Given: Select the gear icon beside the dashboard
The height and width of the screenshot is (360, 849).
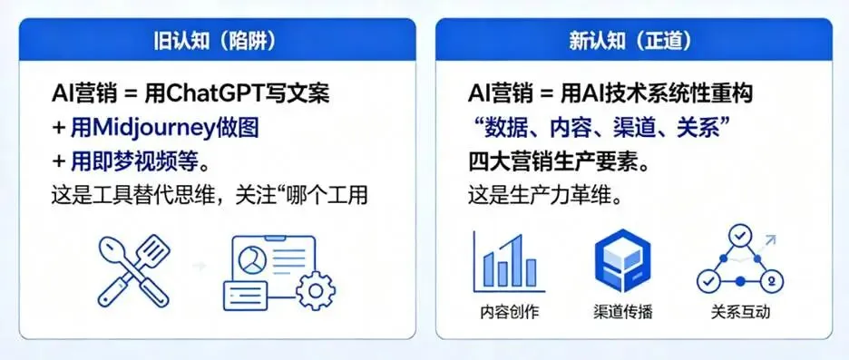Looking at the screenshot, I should tap(315, 291).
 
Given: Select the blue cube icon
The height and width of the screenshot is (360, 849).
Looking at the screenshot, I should tap(621, 261).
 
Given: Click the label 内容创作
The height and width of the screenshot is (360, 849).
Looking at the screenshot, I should tap(509, 313).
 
